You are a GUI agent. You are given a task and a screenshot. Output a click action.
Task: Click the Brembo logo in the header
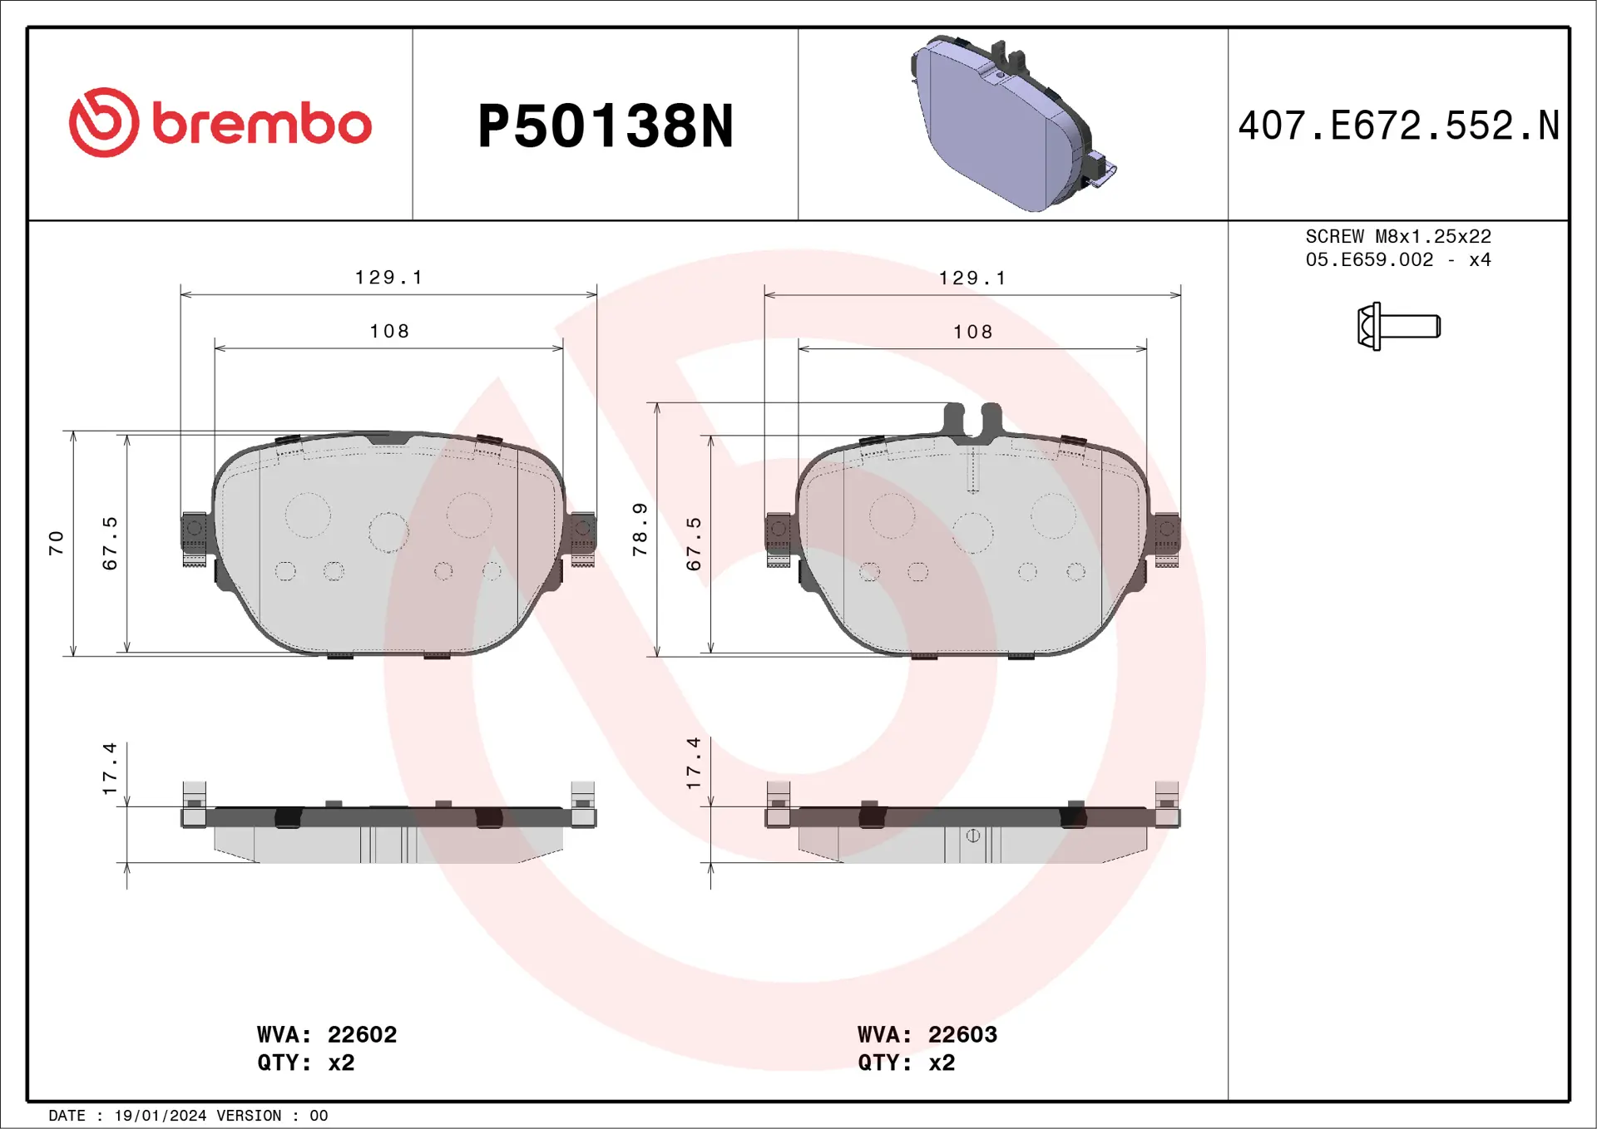(220, 123)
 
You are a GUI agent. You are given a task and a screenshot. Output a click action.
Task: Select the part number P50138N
(605, 126)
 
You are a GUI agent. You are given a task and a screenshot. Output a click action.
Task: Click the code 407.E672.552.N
(1398, 126)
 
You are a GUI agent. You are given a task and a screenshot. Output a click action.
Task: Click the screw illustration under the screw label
(1398, 326)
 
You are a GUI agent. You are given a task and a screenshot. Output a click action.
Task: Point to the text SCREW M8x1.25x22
(1397, 237)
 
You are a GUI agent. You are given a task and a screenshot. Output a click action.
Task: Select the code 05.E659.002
(1369, 260)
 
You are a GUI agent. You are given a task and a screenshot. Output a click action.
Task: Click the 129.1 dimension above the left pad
(388, 278)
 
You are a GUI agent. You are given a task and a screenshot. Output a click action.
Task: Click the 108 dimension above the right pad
(972, 333)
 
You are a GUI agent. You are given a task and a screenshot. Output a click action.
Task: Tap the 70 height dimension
(56, 543)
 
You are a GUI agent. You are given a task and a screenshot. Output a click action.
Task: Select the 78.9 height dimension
(640, 529)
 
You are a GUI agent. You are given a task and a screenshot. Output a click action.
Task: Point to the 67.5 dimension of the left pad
(110, 543)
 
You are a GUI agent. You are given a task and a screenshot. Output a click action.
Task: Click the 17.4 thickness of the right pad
(694, 762)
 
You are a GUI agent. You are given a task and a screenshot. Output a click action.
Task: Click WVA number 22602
(362, 1034)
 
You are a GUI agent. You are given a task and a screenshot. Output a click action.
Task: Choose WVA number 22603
(962, 1034)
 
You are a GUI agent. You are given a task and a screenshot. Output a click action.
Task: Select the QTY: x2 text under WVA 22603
(906, 1062)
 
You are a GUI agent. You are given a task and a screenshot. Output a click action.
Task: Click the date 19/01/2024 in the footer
(160, 1116)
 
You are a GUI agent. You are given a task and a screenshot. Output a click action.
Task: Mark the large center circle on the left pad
(388, 532)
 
